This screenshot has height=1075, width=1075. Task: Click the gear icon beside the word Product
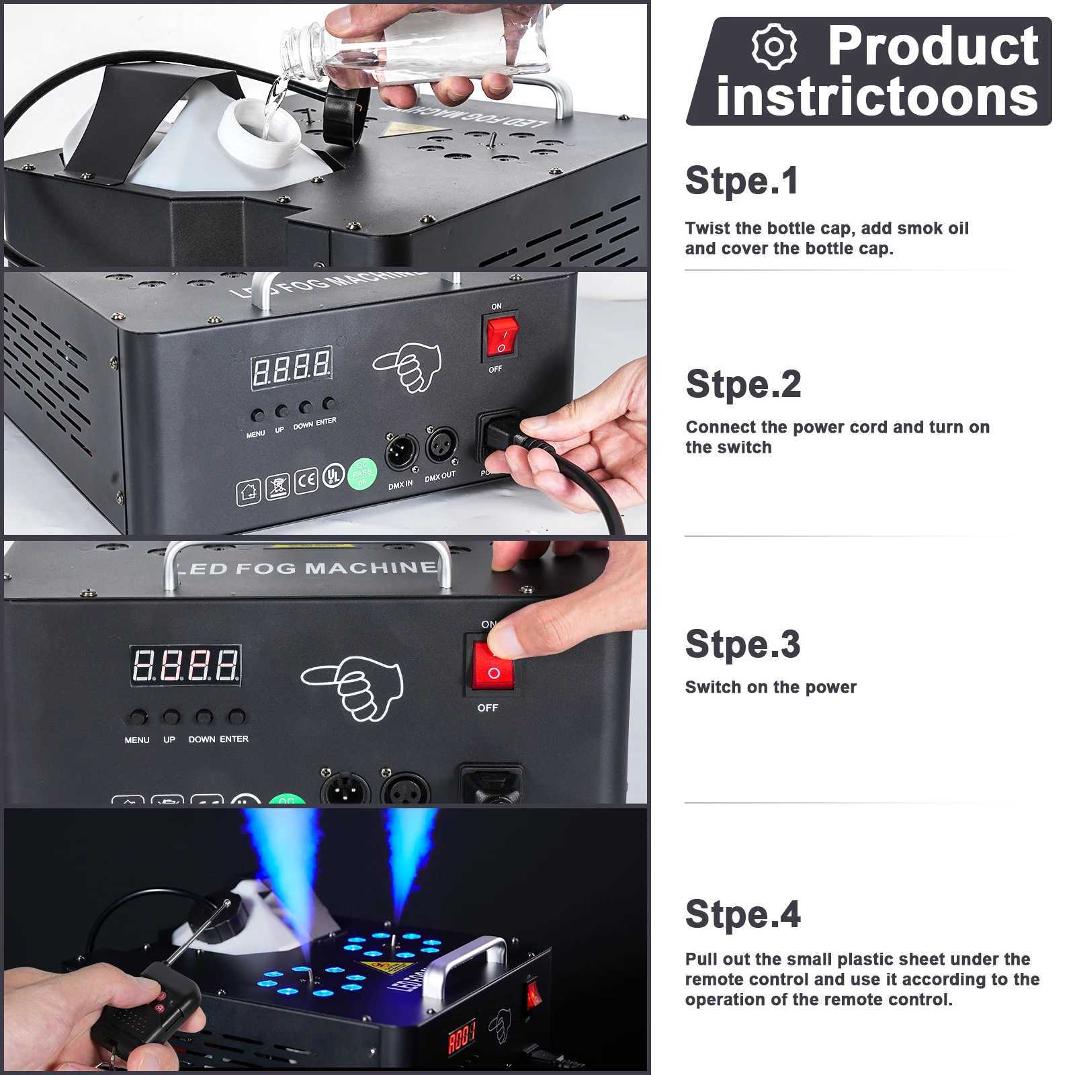tap(774, 47)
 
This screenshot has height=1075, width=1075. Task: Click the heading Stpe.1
tap(742, 181)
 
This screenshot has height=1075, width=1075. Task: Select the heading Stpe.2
tap(743, 384)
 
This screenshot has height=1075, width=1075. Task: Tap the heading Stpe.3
tap(742, 644)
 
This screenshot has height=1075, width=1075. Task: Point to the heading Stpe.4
tap(742, 914)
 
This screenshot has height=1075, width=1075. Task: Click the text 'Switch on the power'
tap(771, 687)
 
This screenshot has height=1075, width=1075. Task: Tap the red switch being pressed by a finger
tap(493, 665)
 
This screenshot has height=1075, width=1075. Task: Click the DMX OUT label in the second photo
tap(440, 476)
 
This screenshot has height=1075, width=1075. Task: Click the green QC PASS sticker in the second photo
tap(362, 474)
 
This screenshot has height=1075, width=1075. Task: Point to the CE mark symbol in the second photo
tap(306, 481)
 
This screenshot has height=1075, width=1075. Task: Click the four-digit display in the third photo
tap(185, 666)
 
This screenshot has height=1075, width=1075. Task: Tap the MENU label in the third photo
tap(137, 740)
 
